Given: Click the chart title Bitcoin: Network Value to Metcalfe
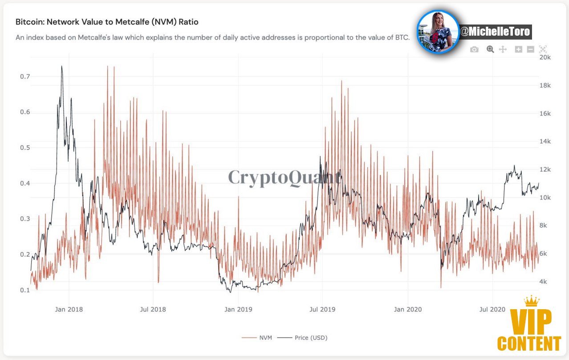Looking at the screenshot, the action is point(107,22).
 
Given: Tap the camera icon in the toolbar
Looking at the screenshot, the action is point(474,49).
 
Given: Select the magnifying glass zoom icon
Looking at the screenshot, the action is point(490,49).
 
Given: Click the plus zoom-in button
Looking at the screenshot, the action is point(518,49).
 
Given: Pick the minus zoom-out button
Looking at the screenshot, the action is point(530,49).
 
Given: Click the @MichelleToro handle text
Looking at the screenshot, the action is point(495,32).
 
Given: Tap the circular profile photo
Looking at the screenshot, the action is point(438,32).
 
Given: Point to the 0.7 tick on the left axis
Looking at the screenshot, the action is point(25,77).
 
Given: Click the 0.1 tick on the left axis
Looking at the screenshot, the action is point(25,290).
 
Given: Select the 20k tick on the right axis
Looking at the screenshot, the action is point(545,57).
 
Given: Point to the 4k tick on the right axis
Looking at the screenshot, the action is point(543,282).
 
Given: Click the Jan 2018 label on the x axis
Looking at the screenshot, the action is point(69,309).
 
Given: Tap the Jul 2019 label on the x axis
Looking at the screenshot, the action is point(322,309).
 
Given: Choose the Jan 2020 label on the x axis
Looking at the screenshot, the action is point(408,309).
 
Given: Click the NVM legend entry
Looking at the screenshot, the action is point(257,338).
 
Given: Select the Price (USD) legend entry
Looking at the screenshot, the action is point(302,338).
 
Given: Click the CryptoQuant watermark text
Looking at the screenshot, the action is point(284,177).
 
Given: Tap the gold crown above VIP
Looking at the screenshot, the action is point(532,301).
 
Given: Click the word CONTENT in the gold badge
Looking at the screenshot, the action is point(529,344).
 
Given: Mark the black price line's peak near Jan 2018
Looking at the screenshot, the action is point(62,66).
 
